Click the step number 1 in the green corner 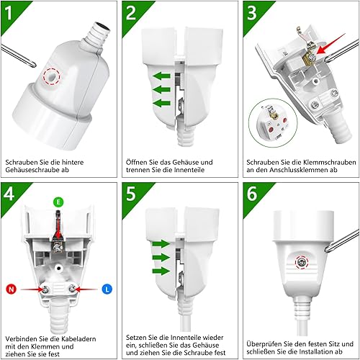[9, 12]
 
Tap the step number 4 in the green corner [9, 194]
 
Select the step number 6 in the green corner [252, 194]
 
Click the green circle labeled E [58, 202]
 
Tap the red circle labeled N [11, 289]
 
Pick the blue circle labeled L [107, 289]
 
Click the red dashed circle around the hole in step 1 [51, 76]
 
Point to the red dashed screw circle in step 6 [302, 263]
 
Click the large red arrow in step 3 [330, 44]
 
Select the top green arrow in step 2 [161, 76]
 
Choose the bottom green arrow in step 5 [161, 271]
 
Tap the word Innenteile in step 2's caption [189, 170]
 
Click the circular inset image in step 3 [273, 122]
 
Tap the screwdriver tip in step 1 [34, 65]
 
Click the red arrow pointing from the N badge [32, 289]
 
